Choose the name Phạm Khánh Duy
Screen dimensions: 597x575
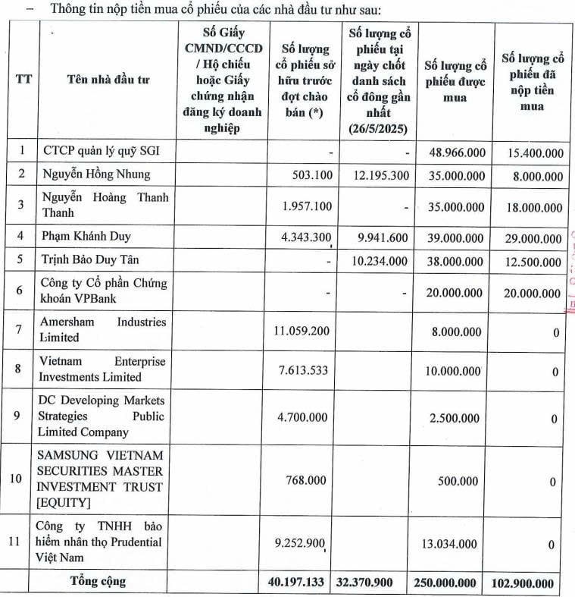point(87,236)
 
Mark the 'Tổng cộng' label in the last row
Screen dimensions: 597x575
point(98,582)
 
